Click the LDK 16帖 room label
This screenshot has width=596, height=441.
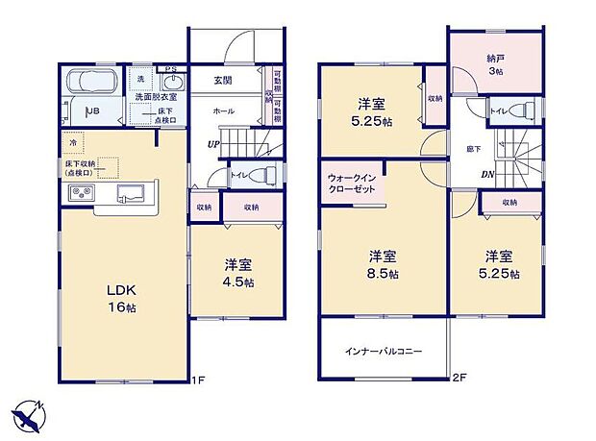pyautogui.click(x=113, y=298)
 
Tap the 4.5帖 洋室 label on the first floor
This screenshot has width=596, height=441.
pyautogui.click(x=239, y=274)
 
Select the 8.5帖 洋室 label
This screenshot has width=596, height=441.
pyautogui.click(x=382, y=265)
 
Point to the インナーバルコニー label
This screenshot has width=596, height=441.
pyautogui.click(x=384, y=353)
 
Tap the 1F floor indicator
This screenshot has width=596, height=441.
pyautogui.click(x=198, y=379)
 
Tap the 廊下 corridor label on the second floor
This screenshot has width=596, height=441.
pyautogui.click(x=474, y=149)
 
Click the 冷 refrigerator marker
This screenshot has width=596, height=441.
pyautogui.click(x=74, y=142)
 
